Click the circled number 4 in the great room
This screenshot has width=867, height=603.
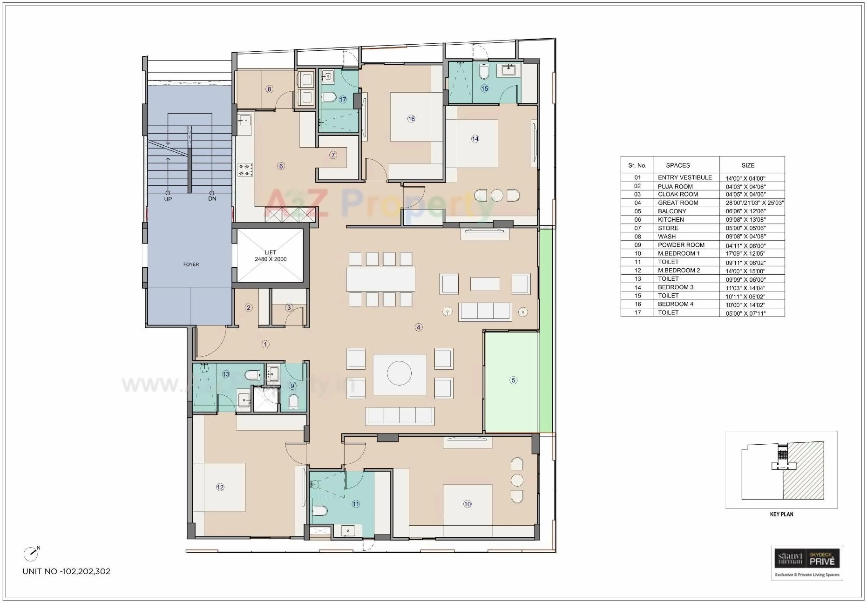419,327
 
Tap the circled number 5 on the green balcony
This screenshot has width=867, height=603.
513,380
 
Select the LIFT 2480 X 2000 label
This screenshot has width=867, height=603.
271,256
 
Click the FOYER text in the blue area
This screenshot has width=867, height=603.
191,264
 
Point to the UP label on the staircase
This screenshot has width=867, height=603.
168,199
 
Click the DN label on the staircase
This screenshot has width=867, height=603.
212,199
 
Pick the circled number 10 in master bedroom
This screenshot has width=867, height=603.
467,504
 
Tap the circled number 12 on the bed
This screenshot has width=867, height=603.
220,487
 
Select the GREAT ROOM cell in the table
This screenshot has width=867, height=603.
678,203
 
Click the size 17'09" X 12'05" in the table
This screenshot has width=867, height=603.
745,254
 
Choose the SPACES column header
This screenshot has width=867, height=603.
678,165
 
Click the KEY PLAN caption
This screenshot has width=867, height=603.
781,514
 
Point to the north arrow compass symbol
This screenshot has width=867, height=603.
31,554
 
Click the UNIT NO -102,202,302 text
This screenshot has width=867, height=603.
67,571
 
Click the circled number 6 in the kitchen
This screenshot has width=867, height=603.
281,166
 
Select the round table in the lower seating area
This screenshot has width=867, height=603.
399,373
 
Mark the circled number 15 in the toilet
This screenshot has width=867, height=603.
484,88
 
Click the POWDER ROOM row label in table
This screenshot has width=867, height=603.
681,245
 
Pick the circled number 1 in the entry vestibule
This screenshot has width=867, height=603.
265,345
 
